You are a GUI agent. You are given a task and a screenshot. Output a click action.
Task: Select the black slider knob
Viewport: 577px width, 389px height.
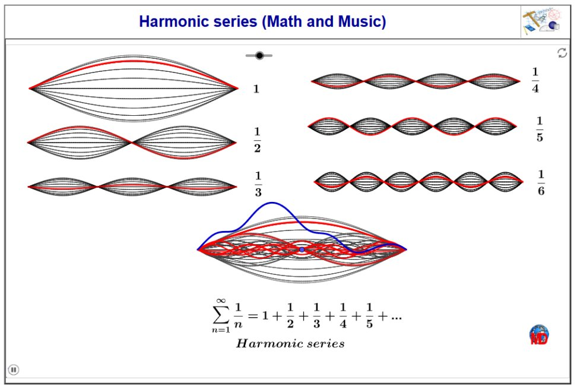click(259, 56)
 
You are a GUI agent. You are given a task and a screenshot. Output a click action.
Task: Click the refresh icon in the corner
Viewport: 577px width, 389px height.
click(562, 53)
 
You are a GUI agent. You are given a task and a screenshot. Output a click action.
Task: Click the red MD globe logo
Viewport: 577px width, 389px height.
click(539, 335)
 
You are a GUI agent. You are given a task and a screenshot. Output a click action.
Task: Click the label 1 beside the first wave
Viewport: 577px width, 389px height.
click(256, 88)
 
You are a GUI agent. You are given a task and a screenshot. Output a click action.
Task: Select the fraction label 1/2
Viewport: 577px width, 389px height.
click(257, 140)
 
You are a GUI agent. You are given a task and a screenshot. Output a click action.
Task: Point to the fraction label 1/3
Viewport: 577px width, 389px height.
click(258, 184)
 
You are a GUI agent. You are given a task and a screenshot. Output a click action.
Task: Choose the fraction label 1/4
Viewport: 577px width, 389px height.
click(535, 80)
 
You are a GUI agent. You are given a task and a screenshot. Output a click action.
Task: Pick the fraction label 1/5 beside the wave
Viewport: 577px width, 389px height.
click(540, 129)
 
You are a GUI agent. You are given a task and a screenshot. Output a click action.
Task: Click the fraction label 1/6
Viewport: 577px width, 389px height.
click(541, 182)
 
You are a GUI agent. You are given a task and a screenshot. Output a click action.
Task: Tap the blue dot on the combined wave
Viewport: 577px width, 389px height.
click(302, 249)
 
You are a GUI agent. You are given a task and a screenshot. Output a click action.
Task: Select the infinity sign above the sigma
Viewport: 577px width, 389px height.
click(221, 301)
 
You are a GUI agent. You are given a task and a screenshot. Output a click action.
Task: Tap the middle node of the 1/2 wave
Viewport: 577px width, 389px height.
click(132, 143)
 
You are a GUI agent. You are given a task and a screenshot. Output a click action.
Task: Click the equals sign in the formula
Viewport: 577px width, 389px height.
click(252, 316)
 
